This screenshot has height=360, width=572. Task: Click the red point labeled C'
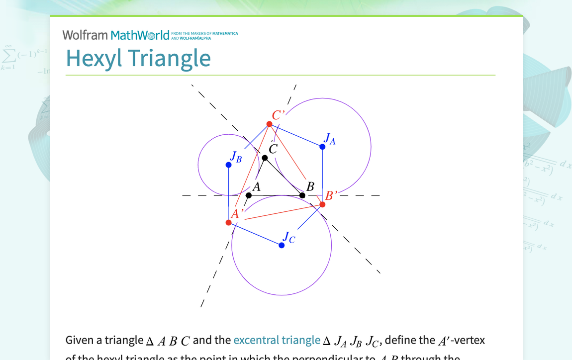coord(269,124)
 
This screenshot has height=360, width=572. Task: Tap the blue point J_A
coord(322,147)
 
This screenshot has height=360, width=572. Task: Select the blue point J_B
coord(229,165)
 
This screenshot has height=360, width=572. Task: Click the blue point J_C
coord(282,245)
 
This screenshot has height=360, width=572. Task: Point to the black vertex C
coord(265,158)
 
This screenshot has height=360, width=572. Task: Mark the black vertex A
coord(249,195)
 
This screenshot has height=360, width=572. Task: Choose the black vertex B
coord(302,195)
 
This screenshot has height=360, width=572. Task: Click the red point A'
coord(229,222)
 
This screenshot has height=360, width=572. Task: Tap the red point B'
coord(322,204)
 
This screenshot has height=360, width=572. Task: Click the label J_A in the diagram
coord(329,139)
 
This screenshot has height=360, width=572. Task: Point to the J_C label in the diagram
coord(289,238)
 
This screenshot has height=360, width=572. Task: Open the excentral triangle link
coord(277,340)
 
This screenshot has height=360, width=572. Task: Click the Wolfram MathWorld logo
coord(115,35)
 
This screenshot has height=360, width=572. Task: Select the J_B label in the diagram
coord(236,157)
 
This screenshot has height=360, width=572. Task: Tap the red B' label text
coord(331,195)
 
